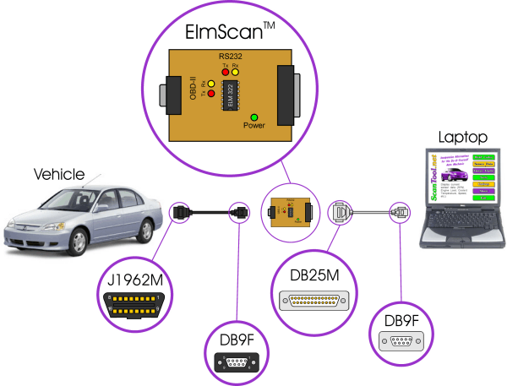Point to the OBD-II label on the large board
[x=194, y=87]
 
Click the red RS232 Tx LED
[x=226, y=73]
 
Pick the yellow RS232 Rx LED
[x=236, y=73]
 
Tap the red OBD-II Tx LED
[x=210, y=93]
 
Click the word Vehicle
[x=59, y=175]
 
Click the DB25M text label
[x=310, y=275]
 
